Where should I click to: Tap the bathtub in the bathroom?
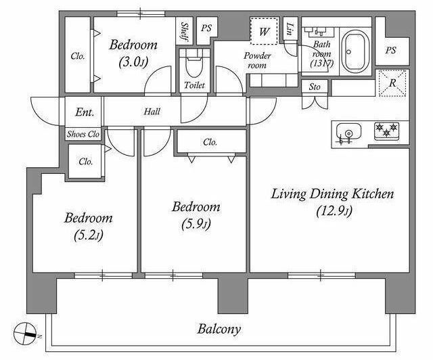(x=355, y=51)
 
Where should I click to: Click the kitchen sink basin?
(x=348, y=133)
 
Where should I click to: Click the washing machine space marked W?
(x=264, y=30)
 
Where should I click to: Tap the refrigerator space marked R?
(x=392, y=83)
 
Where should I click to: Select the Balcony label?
(x=219, y=329)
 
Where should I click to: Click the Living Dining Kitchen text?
(x=332, y=194)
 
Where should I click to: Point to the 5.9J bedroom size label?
(x=196, y=224)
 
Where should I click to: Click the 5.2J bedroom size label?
(x=89, y=235)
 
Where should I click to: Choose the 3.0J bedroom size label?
(x=133, y=62)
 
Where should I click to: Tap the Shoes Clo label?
(x=83, y=134)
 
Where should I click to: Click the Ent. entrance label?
(x=85, y=112)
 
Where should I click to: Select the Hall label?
(x=152, y=112)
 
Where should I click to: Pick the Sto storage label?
(x=315, y=87)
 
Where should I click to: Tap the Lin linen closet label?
(x=290, y=28)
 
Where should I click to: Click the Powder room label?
(x=257, y=60)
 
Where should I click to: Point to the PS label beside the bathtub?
(x=391, y=50)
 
